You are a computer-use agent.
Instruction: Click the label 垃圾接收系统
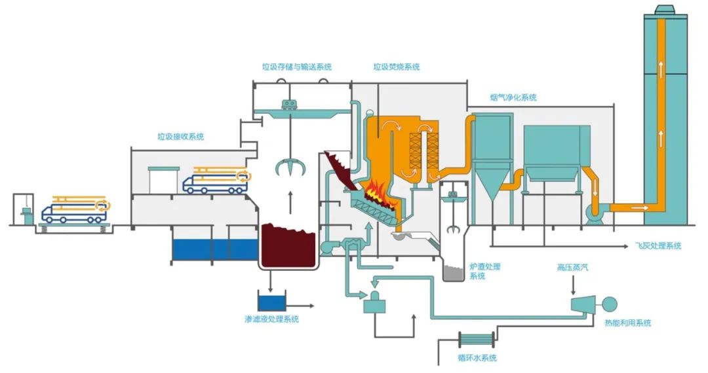180,137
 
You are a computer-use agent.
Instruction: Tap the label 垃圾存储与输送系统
296,67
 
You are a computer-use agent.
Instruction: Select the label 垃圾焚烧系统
397,67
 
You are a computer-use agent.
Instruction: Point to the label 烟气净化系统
513,98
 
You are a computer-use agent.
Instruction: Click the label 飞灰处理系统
658,246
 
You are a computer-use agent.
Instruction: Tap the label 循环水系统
477,358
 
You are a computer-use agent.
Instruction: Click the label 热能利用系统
629,323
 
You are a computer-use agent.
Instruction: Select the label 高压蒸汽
574,268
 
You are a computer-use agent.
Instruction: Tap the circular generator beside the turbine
610,304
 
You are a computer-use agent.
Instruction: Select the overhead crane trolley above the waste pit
288,103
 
